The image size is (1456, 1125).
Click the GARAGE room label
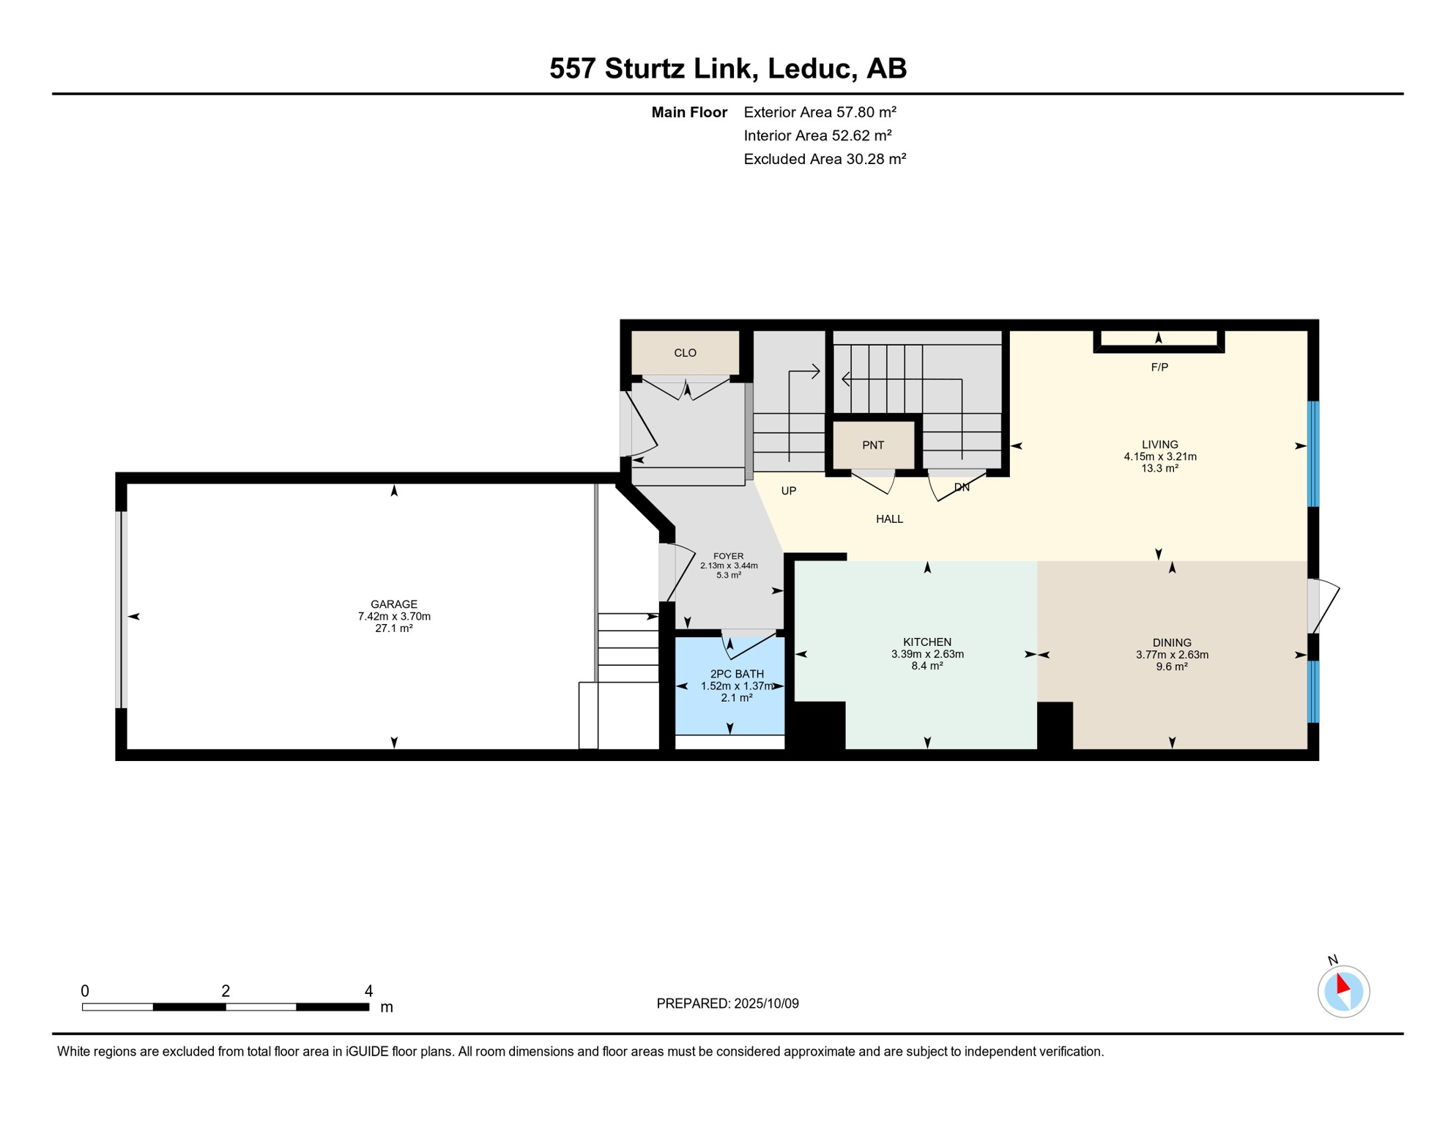[393, 604]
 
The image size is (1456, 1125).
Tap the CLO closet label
[685, 353]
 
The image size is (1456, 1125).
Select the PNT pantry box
[873, 445]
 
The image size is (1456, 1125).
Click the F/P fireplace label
[1159, 367]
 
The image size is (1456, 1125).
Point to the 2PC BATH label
[736, 674]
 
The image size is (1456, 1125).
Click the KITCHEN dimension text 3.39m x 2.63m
[926, 654]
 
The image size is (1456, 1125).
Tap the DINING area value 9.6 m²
[1171, 667]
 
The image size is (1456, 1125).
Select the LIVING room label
[1159, 444]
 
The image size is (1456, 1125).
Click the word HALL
[889, 519]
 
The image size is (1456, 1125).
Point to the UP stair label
[788, 491]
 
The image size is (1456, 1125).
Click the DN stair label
[962, 487]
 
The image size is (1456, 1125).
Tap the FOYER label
[728, 556]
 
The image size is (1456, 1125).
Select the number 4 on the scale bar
[368, 990]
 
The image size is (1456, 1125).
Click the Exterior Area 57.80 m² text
[820, 112]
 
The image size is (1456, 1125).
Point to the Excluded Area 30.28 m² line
[825, 159]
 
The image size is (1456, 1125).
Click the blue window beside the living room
[1313, 453]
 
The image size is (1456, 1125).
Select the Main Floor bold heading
[688, 112]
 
